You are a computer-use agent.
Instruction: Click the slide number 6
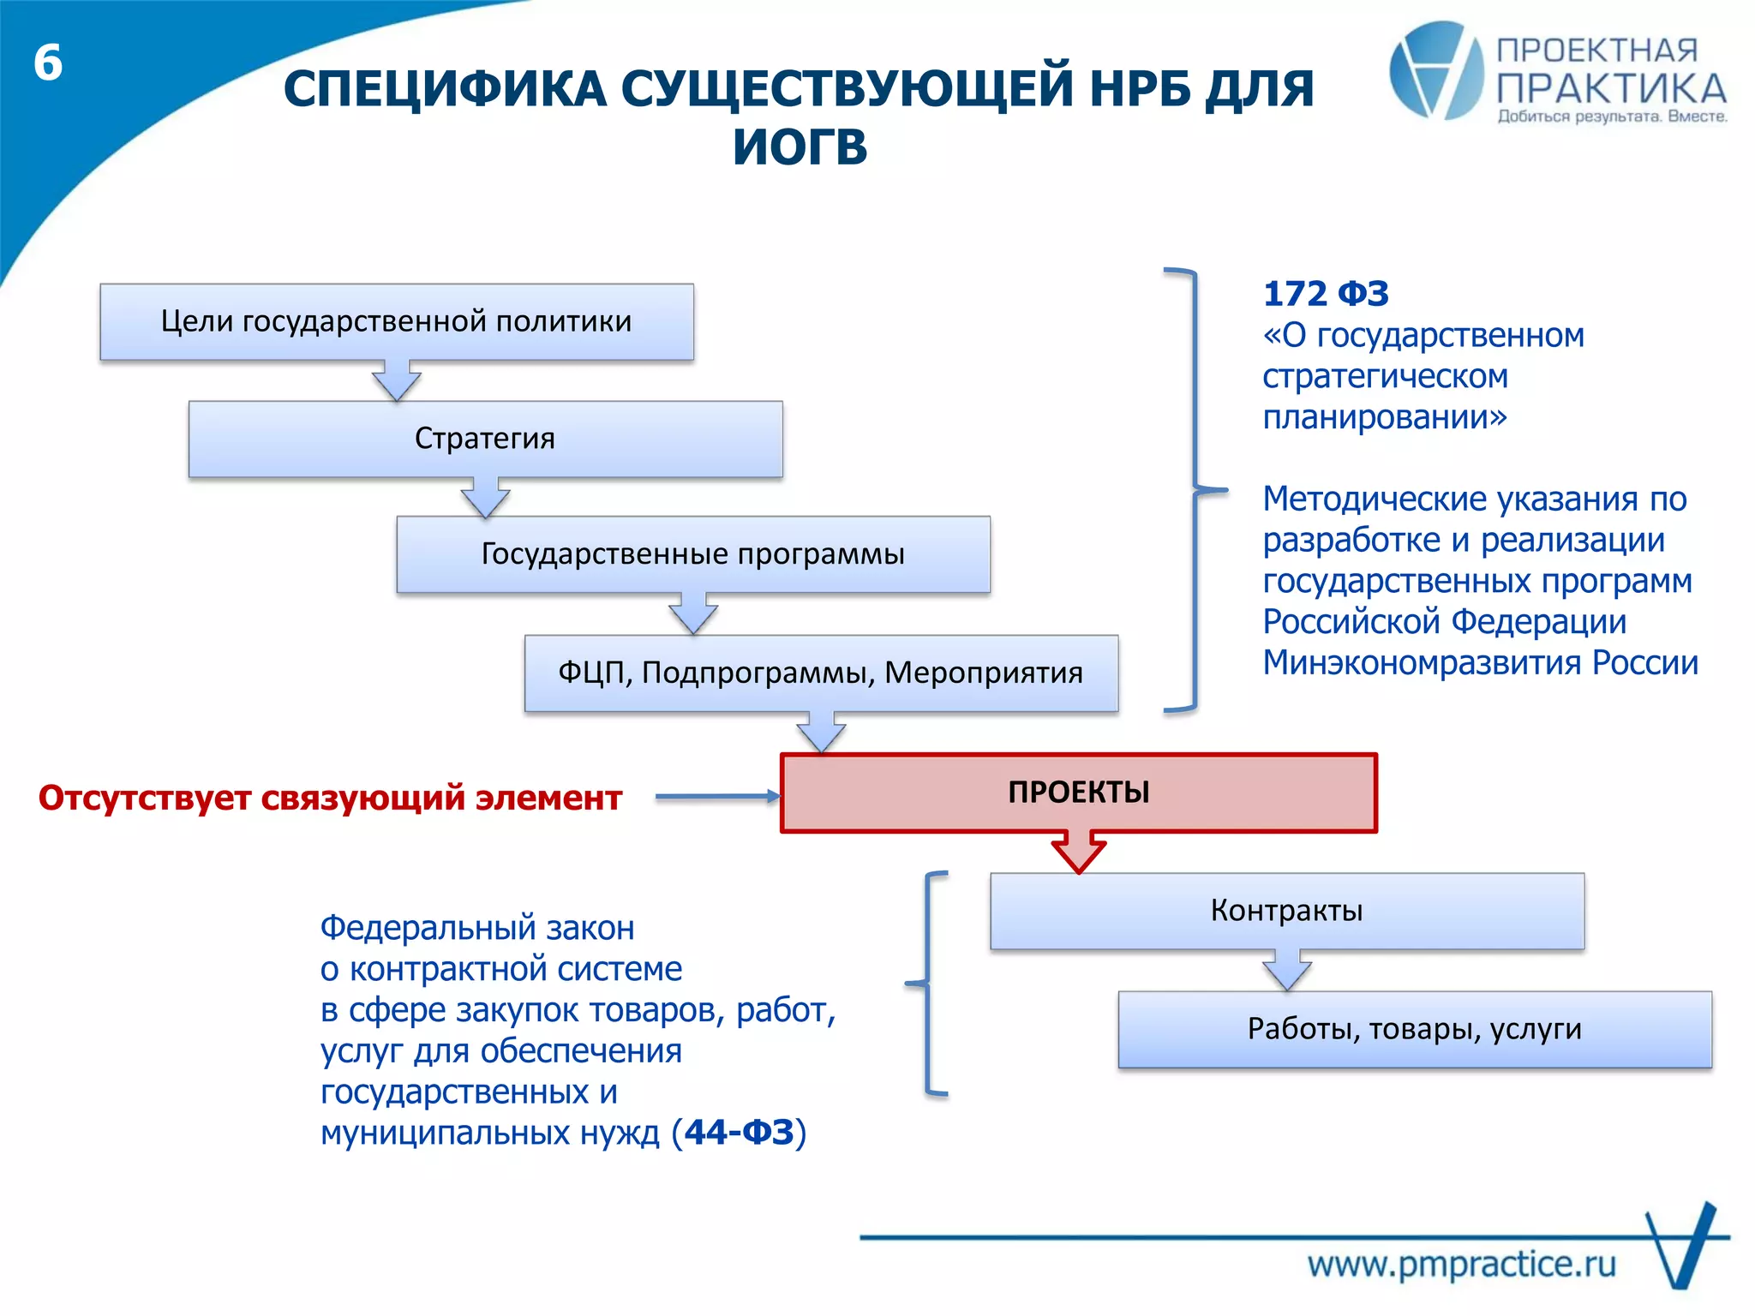tap(48, 63)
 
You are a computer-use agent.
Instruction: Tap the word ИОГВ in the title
tap(800, 147)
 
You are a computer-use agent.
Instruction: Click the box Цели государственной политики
tap(396, 321)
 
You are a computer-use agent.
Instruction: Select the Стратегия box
tap(485, 439)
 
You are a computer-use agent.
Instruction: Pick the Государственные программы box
tap(692, 554)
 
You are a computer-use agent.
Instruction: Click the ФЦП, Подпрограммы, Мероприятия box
tap(820, 673)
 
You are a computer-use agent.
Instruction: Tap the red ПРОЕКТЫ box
tap(1078, 793)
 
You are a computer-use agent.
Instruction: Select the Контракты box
tap(1286, 911)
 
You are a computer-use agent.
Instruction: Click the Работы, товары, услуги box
tap(1414, 1029)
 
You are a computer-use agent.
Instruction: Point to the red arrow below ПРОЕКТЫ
tap(1078, 852)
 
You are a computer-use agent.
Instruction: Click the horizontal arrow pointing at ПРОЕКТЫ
tap(718, 797)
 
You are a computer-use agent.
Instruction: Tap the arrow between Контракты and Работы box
tap(1286, 972)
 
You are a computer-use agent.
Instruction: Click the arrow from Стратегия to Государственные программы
tap(485, 499)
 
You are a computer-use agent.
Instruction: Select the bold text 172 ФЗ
tap(1325, 294)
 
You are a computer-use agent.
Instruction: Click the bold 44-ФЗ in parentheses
tap(739, 1133)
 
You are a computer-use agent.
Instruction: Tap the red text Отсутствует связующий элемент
tap(330, 798)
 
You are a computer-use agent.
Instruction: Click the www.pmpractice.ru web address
tap(1461, 1265)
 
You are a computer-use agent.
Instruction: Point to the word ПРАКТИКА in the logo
tap(1611, 89)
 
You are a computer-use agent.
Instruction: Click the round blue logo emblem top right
tap(1435, 70)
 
